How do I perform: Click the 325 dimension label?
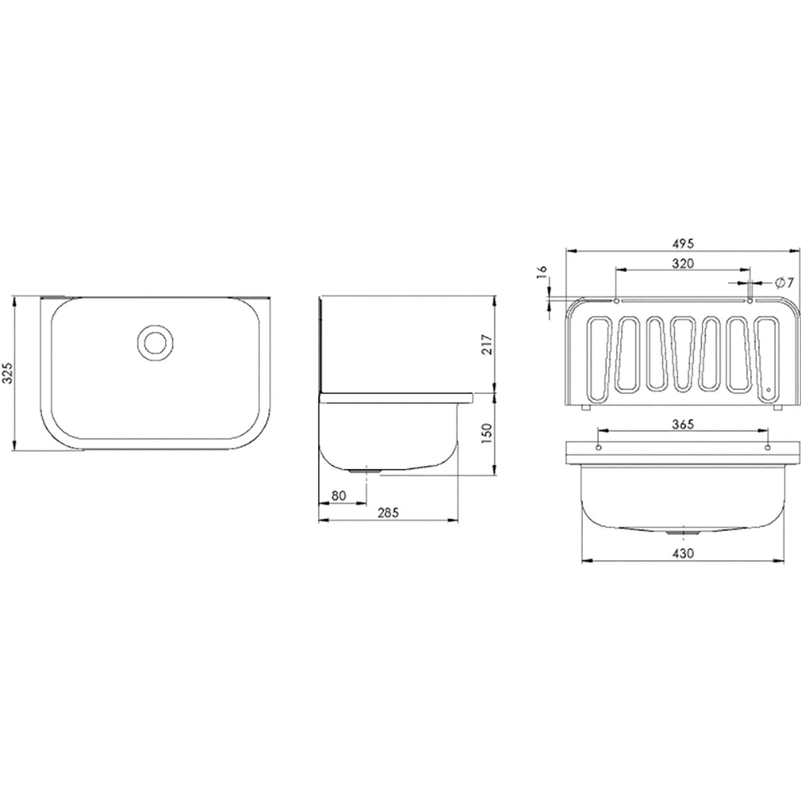tap(7, 371)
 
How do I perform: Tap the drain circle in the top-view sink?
tap(155, 341)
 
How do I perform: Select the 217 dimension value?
tap(486, 344)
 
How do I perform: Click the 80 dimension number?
tap(339, 496)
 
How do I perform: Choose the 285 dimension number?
tap(388, 513)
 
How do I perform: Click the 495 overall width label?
tap(683, 244)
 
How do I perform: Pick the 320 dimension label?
tap(683, 263)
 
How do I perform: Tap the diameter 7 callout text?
tap(783, 282)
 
